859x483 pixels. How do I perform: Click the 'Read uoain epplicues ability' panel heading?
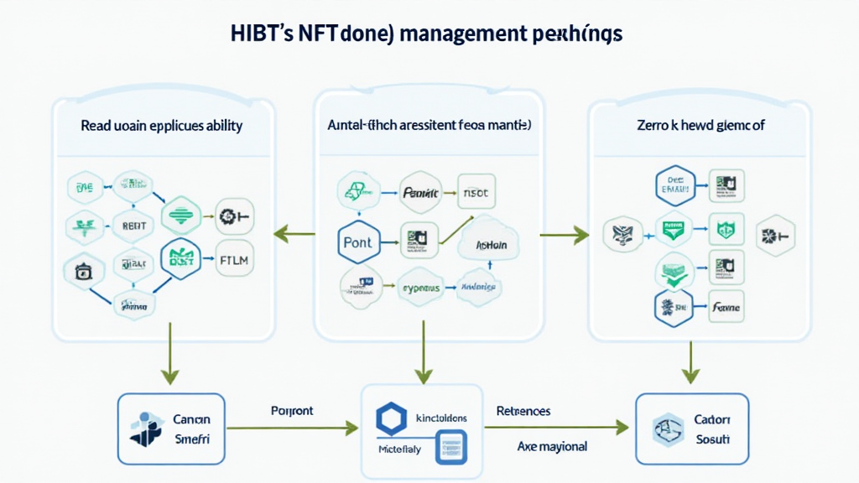(x=162, y=126)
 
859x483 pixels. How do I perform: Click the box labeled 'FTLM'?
(x=233, y=258)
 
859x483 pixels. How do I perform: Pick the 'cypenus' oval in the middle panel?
(x=421, y=287)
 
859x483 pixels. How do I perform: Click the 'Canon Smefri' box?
(x=171, y=428)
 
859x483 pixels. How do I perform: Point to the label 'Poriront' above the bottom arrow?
(x=292, y=412)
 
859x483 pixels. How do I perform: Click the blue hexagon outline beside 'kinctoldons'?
(x=391, y=418)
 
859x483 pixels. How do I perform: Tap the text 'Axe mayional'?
(x=553, y=446)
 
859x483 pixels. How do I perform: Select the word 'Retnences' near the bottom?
(x=523, y=412)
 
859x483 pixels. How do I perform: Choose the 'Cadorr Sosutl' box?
(x=690, y=428)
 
